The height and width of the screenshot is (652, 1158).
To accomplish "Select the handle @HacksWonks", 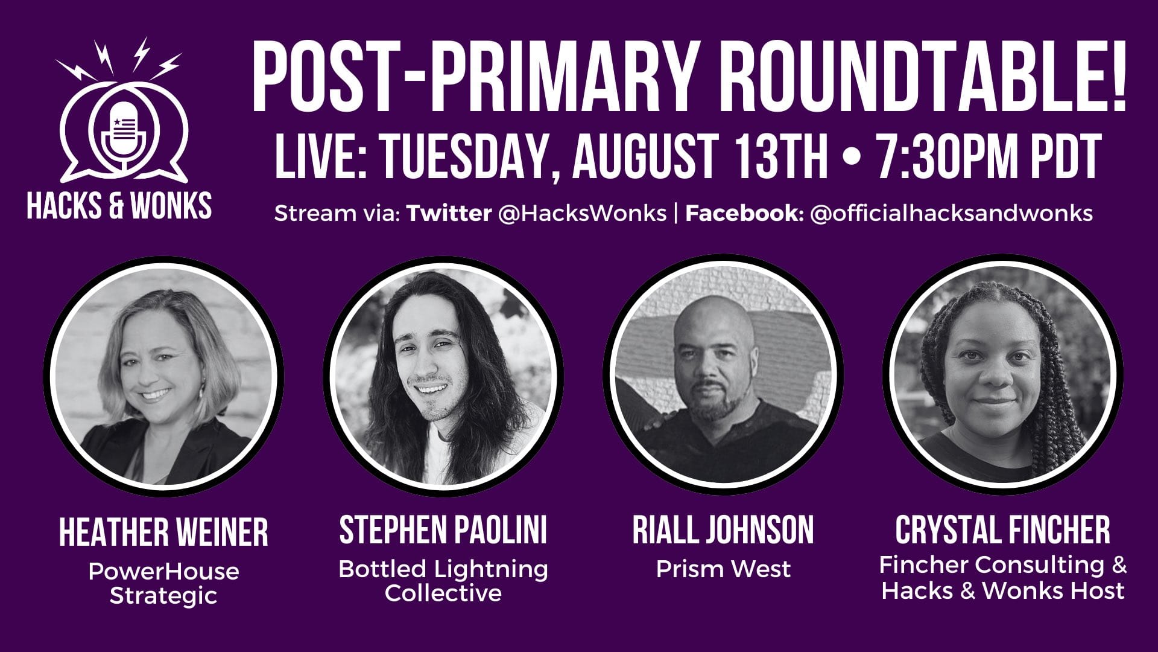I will point(582,213).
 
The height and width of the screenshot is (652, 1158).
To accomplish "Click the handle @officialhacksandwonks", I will point(951,213).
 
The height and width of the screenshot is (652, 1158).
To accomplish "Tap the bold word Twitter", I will point(449,213).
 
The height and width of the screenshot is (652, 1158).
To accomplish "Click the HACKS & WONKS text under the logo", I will point(119,206).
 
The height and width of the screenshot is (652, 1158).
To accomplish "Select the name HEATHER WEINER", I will point(163,532).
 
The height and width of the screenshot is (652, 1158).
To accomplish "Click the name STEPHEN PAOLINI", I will point(443,530).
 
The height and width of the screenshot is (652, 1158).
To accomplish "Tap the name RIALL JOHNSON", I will point(723,530).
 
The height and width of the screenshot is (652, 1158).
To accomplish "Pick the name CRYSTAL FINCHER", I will point(1002,530).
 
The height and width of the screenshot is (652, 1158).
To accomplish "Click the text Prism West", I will point(723,569).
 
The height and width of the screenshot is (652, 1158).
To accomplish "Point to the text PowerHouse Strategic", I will point(163,583).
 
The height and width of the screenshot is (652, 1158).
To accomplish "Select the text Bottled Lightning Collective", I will point(443,581).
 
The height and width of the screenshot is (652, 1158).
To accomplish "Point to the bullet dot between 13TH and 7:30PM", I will point(852,158).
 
